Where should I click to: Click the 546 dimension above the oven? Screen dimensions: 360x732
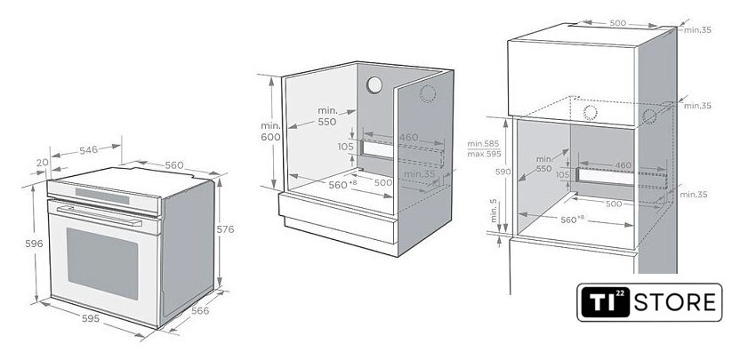point(89,150)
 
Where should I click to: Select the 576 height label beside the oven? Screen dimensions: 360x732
point(226,229)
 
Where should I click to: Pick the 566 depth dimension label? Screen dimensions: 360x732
point(200,310)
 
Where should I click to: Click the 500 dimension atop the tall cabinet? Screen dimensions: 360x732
point(619,22)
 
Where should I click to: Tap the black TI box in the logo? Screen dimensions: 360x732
point(605,302)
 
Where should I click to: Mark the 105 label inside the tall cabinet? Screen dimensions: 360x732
point(562,175)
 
